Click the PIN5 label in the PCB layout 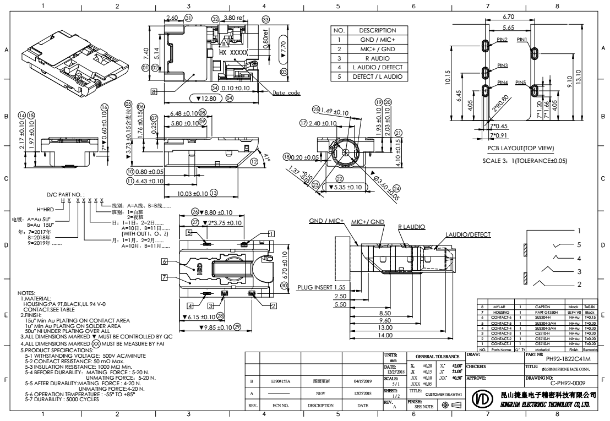pos(521,83)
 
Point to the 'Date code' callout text pos(286,93)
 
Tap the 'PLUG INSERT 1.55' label pos(321,287)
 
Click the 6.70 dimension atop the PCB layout pos(509,17)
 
